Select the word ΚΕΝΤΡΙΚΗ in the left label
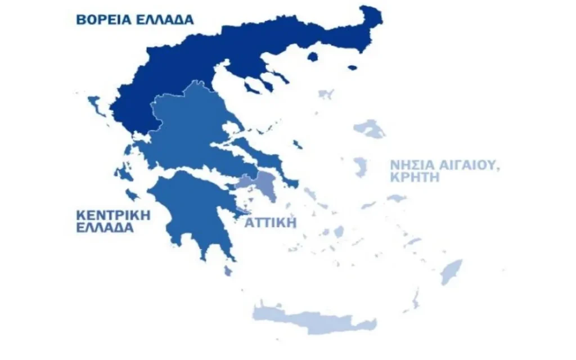[113, 215]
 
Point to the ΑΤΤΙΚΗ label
[270, 222]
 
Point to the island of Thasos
[313, 56]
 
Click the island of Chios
[360, 167]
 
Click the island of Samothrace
[353, 67]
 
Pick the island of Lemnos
[326, 93]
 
